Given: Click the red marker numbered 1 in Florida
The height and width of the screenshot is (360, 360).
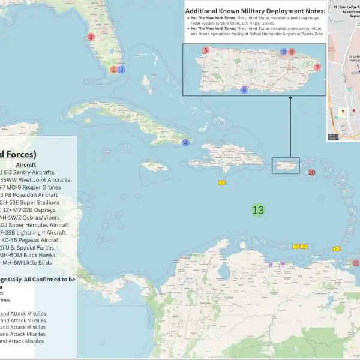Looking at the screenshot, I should pos(91,37).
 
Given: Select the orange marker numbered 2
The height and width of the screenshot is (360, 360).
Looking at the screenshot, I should pos(113,70).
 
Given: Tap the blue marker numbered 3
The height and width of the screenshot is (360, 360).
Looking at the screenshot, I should pos(121,70).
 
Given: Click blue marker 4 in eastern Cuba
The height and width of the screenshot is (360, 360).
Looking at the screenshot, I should pos(186,143).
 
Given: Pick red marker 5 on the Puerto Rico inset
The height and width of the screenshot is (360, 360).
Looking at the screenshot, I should pos(206,50).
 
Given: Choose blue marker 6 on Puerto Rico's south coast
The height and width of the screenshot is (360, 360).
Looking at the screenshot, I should pos(244,90).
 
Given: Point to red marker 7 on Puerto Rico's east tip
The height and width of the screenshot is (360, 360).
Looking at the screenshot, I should pos(317,67).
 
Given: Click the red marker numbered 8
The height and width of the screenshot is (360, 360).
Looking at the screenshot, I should pos(292,52).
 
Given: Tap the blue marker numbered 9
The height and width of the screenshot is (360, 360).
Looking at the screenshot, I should pos(284,52).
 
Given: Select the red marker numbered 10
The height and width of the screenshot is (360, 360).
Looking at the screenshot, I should pos(311,173).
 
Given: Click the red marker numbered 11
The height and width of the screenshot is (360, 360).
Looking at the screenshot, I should pos(355,263).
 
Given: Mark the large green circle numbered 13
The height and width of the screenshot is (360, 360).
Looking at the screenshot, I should pos(258,211).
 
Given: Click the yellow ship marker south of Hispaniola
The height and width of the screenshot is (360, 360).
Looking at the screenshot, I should pos(221,182).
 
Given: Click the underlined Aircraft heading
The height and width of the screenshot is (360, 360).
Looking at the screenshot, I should pos(26,164).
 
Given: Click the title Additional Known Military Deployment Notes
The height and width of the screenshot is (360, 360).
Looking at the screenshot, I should pos(255,11).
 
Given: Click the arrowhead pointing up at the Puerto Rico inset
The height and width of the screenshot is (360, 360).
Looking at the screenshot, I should pos(289,100).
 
